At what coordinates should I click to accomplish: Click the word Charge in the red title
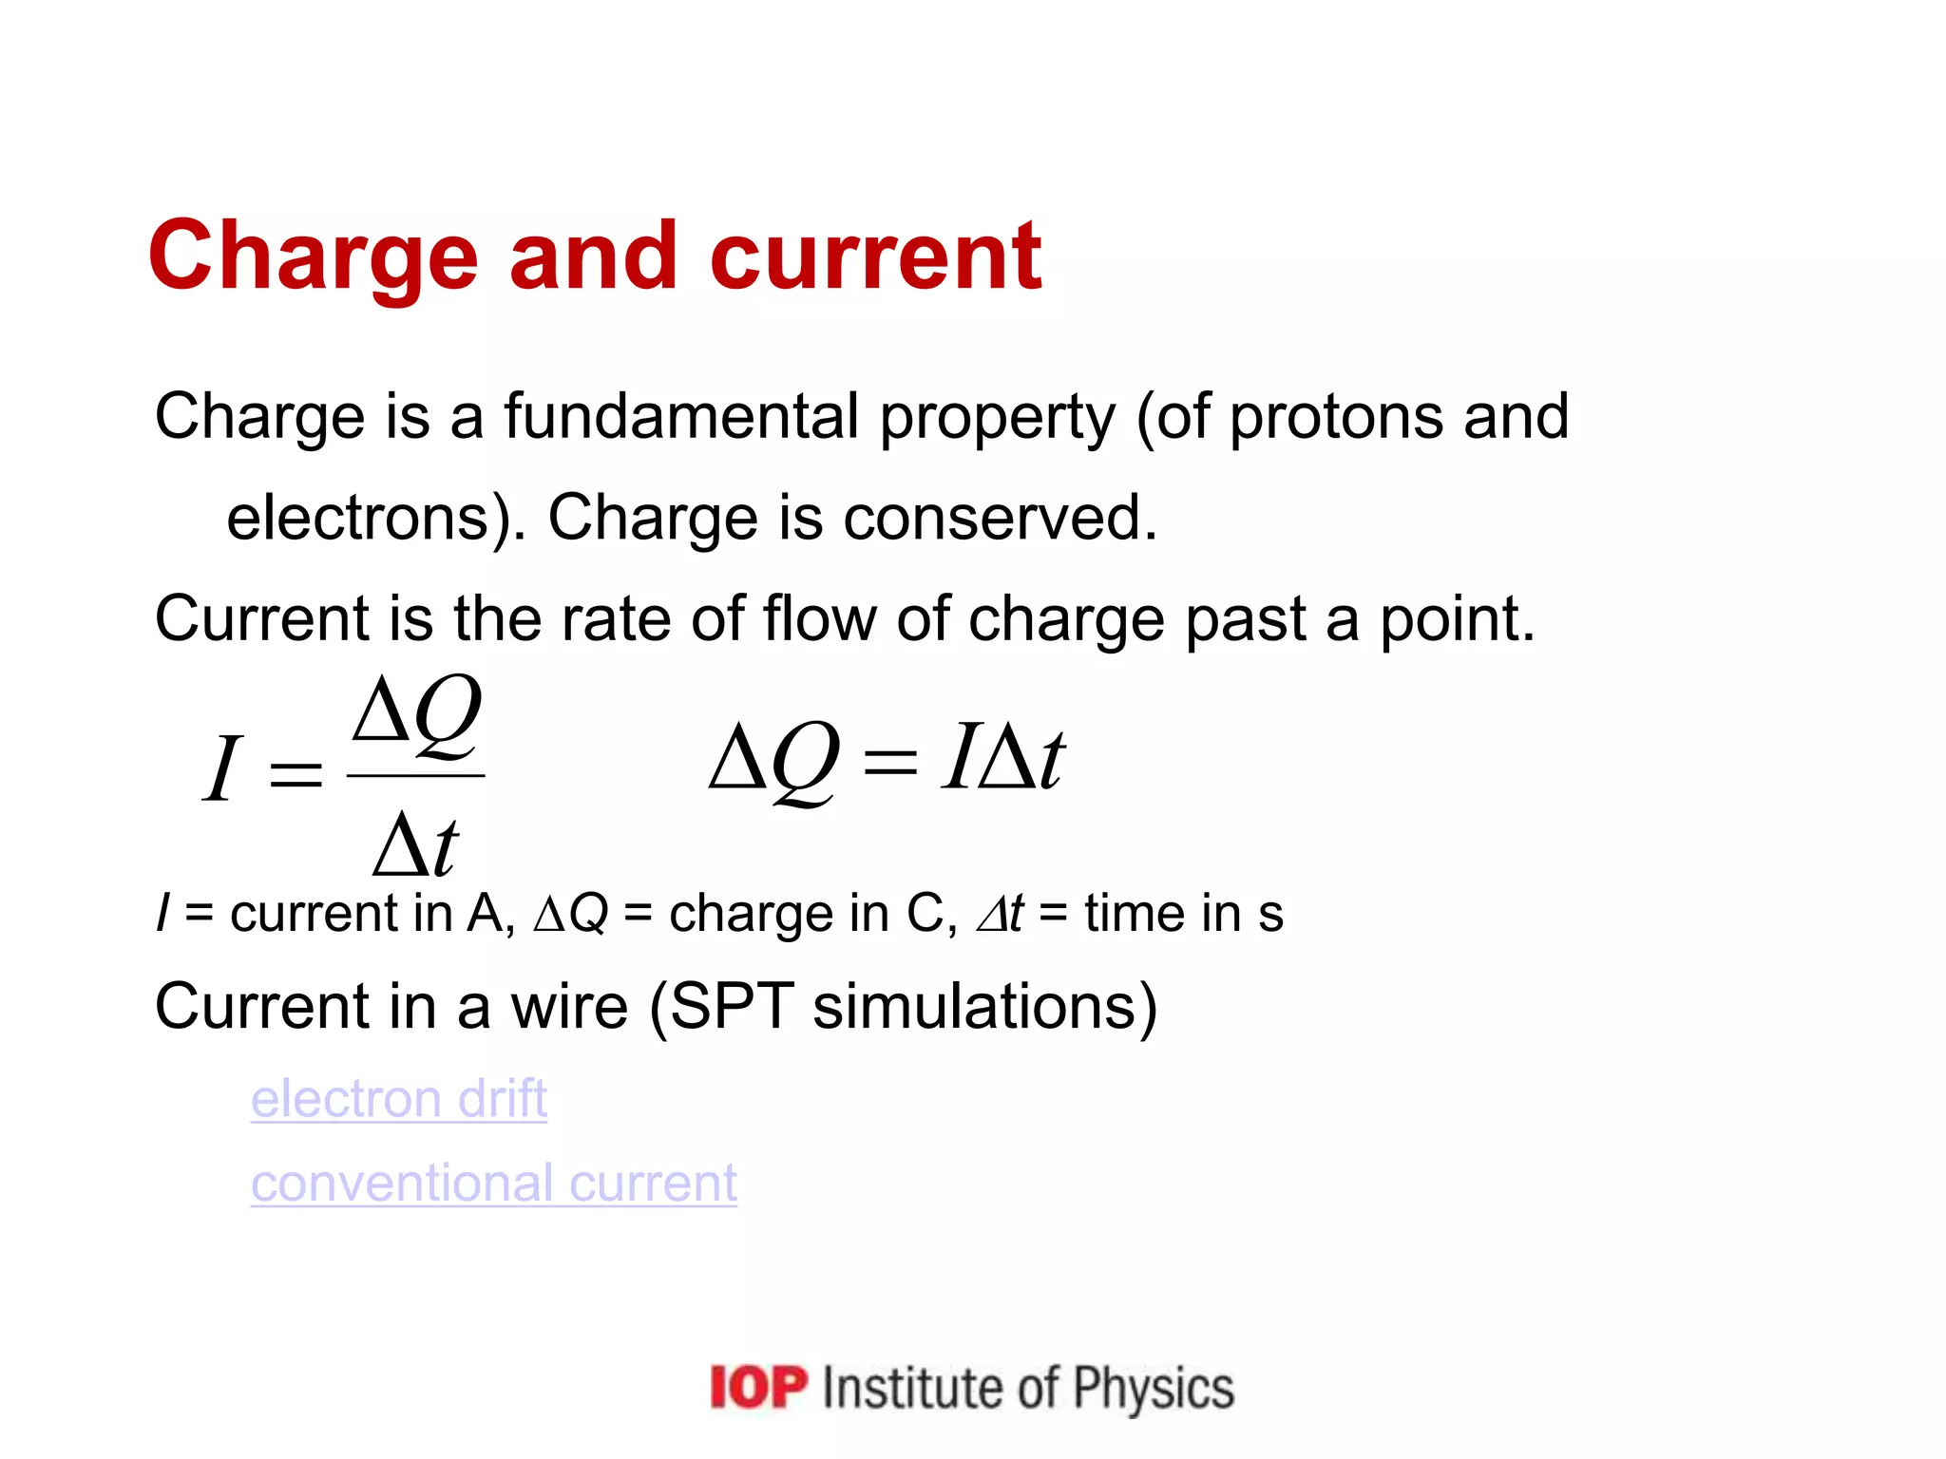[x=313, y=256]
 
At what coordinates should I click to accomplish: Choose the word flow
[x=819, y=618]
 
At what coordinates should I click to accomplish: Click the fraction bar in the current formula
[x=416, y=776]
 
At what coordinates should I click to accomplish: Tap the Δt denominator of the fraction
[x=416, y=843]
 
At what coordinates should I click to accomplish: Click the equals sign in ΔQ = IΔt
[x=889, y=762]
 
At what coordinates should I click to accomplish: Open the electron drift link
[x=399, y=1099]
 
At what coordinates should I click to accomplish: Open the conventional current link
[x=494, y=1184]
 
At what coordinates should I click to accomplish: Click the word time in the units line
[x=1135, y=914]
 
